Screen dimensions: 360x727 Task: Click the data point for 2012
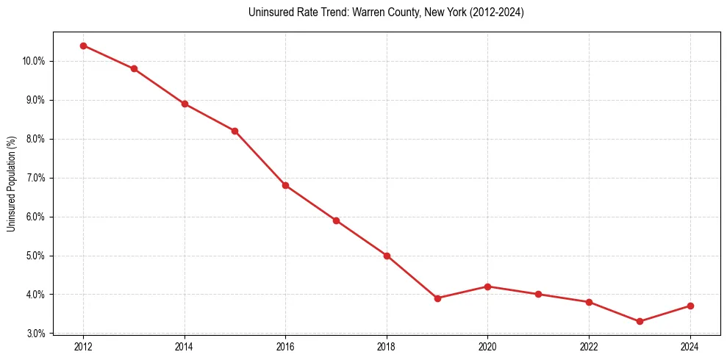83,46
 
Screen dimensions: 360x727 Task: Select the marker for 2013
134,69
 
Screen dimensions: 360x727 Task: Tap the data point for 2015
234,131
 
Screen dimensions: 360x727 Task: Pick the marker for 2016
285,185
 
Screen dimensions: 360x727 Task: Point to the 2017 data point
336,220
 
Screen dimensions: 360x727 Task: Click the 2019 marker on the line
437,298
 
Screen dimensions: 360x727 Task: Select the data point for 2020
487,287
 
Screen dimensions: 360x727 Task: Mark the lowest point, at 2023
640,321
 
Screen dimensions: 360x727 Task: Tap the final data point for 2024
690,306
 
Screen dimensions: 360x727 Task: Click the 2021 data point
538,294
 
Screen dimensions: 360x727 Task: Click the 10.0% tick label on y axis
33,61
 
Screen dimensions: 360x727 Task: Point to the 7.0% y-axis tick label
35,178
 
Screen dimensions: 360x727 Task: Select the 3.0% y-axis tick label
35,334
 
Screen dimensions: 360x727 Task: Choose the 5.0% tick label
35,256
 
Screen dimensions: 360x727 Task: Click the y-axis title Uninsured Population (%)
12,184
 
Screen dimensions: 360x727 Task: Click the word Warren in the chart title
345,13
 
